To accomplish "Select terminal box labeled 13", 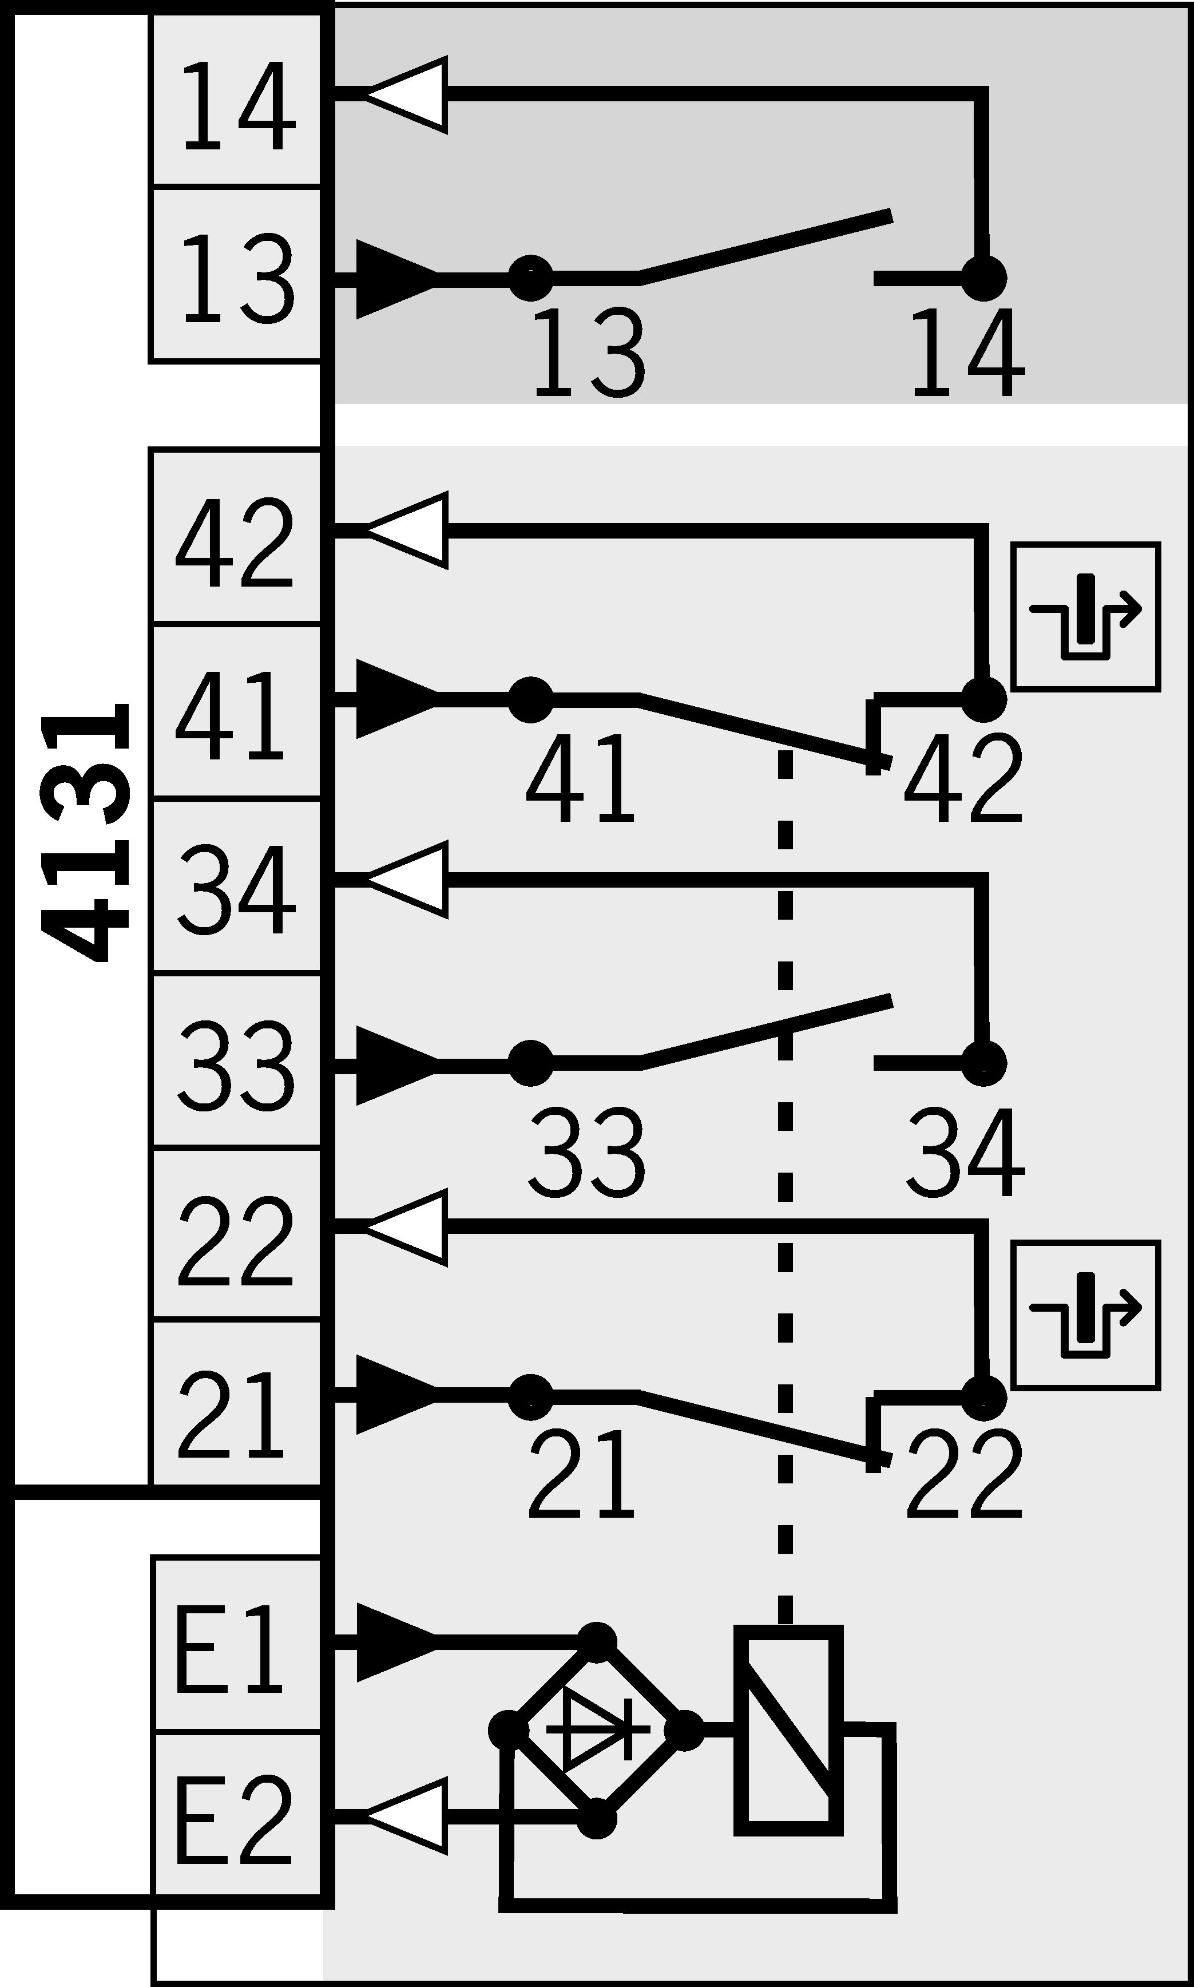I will [x=236, y=275].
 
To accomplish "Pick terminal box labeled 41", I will [x=236, y=713].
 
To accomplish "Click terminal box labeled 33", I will [x=236, y=1062].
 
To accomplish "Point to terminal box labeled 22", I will [x=236, y=1236].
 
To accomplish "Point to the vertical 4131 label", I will [x=87, y=833].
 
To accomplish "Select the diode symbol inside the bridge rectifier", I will [x=597, y=1729].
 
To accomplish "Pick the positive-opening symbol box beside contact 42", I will [x=1085, y=616].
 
